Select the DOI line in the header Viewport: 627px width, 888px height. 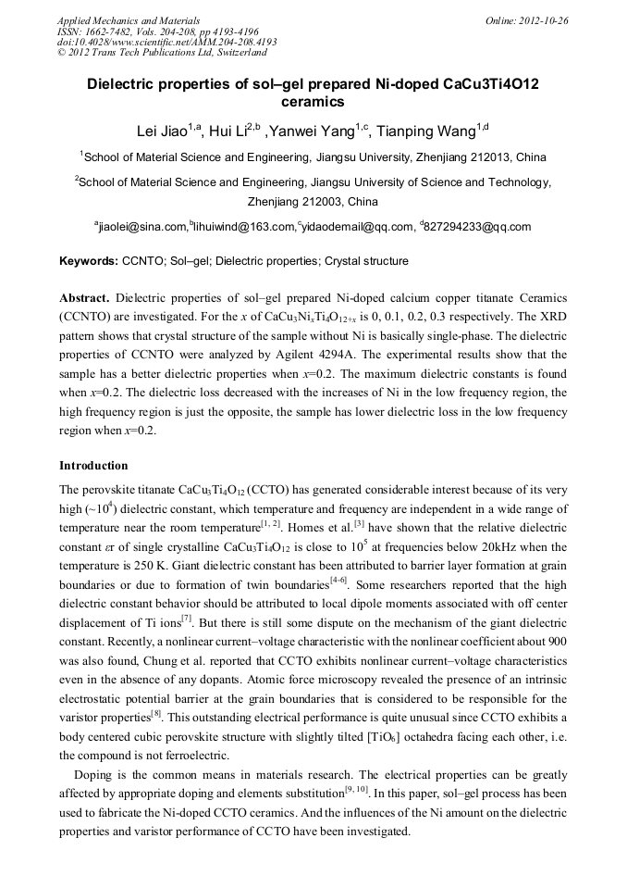click(x=166, y=42)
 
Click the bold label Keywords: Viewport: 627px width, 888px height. click(x=89, y=262)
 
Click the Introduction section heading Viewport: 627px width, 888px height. click(x=93, y=466)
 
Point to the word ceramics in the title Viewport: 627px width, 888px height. click(x=313, y=103)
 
